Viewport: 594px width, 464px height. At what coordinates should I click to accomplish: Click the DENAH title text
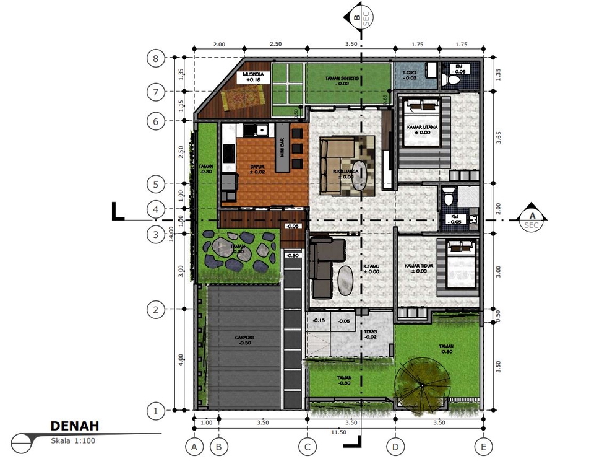[x=74, y=426]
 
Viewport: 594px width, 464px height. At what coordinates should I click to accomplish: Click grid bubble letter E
[x=483, y=445]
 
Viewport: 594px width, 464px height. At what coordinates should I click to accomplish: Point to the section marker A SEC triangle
[x=531, y=215]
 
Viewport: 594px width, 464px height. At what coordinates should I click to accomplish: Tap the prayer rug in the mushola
[x=246, y=96]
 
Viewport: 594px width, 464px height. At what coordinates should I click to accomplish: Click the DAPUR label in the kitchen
[x=257, y=168]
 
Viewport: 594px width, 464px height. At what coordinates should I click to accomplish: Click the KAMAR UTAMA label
[x=423, y=129]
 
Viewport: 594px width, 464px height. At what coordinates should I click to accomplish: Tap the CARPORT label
[x=244, y=339]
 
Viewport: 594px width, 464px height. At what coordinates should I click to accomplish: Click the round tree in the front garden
[x=422, y=384]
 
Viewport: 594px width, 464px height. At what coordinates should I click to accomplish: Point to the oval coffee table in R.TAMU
[x=346, y=280]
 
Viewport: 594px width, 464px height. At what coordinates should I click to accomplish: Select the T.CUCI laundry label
[x=410, y=74]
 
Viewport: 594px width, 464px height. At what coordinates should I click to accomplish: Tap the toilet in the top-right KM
[x=454, y=79]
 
